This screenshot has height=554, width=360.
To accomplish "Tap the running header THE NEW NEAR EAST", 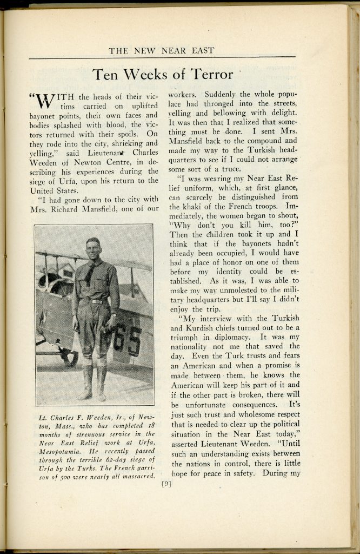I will click(162, 51).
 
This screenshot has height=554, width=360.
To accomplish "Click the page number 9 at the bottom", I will click(166, 484).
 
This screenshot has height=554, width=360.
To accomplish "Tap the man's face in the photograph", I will click(93, 249).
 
